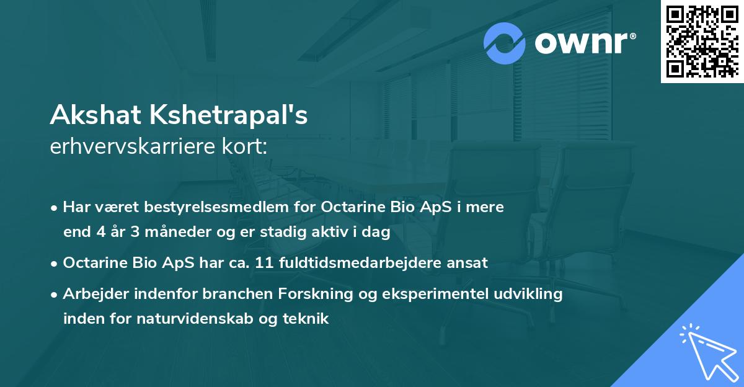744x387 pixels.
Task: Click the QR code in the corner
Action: (x=702, y=41)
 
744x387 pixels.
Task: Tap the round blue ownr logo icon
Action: (x=505, y=43)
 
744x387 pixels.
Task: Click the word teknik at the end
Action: (x=308, y=319)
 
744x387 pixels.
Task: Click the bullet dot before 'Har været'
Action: (x=55, y=208)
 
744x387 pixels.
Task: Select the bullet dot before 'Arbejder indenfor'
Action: (x=55, y=295)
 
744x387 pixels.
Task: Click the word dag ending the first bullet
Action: (x=378, y=232)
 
